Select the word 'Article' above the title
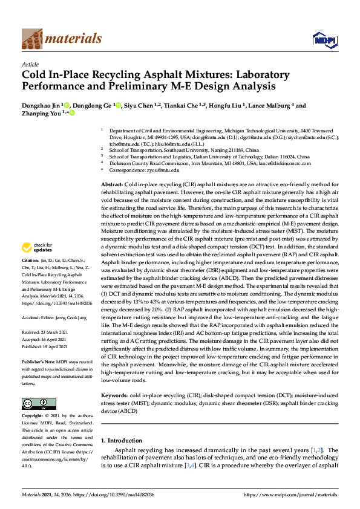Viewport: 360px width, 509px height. click(x=31, y=63)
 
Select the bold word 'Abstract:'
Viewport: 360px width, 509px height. click(x=111, y=183)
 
